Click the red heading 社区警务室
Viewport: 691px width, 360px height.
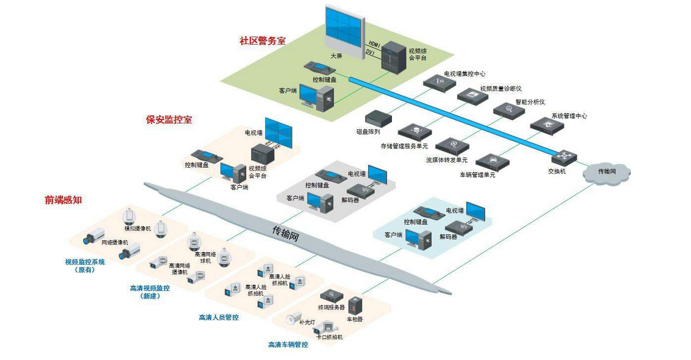pos(262,41)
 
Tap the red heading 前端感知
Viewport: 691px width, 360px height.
pos(64,200)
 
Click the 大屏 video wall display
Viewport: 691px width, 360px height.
pos(343,28)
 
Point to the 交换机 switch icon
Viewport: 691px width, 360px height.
pos(564,156)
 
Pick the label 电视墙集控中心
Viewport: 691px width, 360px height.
pos(465,74)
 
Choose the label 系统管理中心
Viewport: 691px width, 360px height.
pos(569,115)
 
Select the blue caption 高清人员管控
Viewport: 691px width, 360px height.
pos(219,317)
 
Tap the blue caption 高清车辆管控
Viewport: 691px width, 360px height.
pos(288,344)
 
